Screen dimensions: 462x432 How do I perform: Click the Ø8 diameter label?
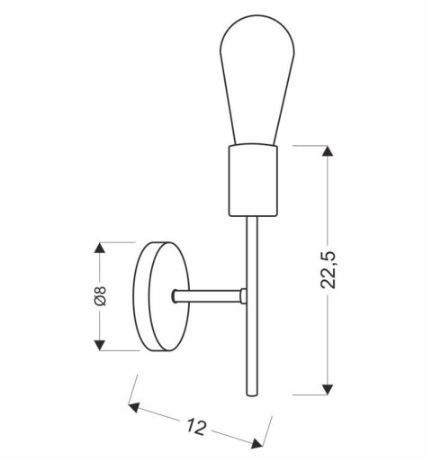[101, 296]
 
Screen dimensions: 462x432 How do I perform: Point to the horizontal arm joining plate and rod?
[209, 294]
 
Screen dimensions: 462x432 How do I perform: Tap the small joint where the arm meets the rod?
[244, 294]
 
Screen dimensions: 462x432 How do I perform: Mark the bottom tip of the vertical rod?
[250, 394]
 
